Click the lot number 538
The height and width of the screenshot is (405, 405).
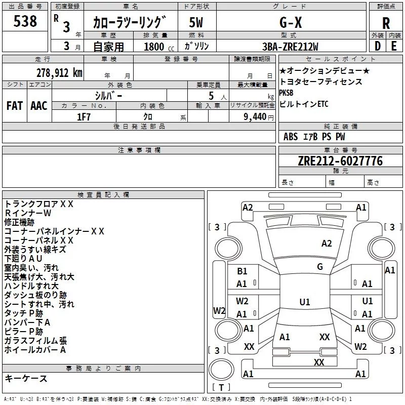pyautogui.click(x=25, y=22)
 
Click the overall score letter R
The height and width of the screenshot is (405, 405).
pyautogui.click(x=386, y=23)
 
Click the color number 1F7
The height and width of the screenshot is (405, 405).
pyautogui.click(x=84, y=116)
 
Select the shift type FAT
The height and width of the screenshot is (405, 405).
pyautogui.click(x=15, y=105)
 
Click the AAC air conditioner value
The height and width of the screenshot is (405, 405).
pyautogui.click(x=39, y=105)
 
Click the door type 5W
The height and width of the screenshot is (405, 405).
pyautogui.click(x=196, y=22)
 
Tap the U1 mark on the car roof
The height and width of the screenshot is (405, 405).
pyautogui.click(x=304, y=302)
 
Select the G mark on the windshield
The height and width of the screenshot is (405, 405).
pyautogui.click(x=320, y=267)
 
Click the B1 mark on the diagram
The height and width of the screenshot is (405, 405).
pyautogui.click(x=242, y=272)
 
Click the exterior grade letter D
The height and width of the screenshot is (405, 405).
pyautogui.click(x=378, y=46)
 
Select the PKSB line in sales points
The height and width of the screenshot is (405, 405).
pyautogui.click(x=286, y=93)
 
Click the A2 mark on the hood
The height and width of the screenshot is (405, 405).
pyautogui.click(x=327, y=244)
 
